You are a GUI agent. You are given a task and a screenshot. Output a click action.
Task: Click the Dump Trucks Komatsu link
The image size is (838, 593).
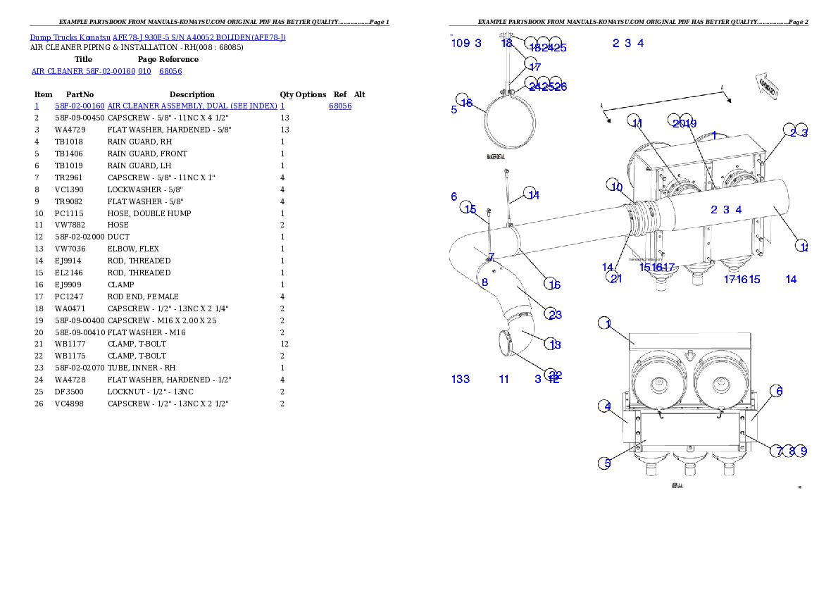pyautogui.click(x=70, y=37)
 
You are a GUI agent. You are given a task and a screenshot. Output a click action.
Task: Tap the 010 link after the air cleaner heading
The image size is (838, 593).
pyautogui.click(x=144, y=71)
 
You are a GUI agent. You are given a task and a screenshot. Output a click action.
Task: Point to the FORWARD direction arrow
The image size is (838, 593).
pyautogui.click(x=766, y=87)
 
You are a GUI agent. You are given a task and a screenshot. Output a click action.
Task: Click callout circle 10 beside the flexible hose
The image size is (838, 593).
pyautogui.click(x=616, y=186)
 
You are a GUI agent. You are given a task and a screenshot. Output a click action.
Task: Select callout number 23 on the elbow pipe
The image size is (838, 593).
pyautogui.click(x=556, y=314)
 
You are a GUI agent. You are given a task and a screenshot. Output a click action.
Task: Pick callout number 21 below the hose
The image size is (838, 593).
pyautogui.click(x=616, y=277)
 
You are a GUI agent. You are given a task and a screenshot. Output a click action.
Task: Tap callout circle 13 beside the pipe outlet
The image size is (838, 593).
pyautogui.click(x=555, y=344)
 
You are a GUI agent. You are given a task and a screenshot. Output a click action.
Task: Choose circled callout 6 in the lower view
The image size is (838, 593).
pyautogui.click(x=776, y=391)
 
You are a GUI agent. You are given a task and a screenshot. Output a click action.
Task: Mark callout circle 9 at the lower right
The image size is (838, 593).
pyautogui.click(x=803, y=451)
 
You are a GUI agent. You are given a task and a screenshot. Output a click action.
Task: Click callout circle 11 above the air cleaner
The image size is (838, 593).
pyautogui.click(x=636, y=123)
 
